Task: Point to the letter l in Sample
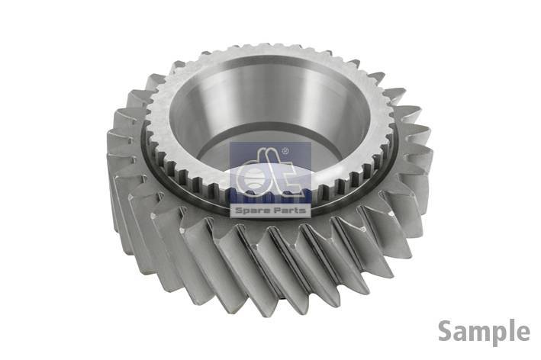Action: pos(509,331)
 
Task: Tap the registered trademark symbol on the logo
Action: pos(285,151)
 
